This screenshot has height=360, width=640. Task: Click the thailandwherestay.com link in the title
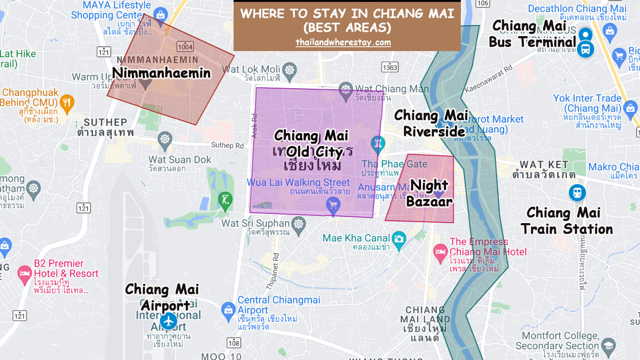[x=343, y=42]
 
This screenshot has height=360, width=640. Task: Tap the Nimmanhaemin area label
[x=161, y=73]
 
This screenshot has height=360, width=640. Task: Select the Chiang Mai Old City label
[x=311, y=144]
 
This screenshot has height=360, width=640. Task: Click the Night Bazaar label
[x=430, y=193]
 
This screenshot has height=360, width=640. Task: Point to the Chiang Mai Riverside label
[x=431, y=123]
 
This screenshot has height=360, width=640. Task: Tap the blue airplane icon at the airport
[x=169, y=320]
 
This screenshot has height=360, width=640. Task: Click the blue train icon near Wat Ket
[x=576, y=193]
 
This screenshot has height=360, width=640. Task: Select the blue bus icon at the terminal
[x=586, y=49]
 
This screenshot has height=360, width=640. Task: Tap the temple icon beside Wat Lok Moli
[x=289, y=69]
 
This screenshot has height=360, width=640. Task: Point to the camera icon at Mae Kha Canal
[x=398, y=238]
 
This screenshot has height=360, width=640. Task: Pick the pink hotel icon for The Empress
[x=440, y=251]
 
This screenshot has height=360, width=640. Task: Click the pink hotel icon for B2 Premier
[x=24, y=274]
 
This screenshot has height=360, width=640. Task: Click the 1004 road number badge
[x=185, y=47]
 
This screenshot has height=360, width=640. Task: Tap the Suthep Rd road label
[x=227, y=145]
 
